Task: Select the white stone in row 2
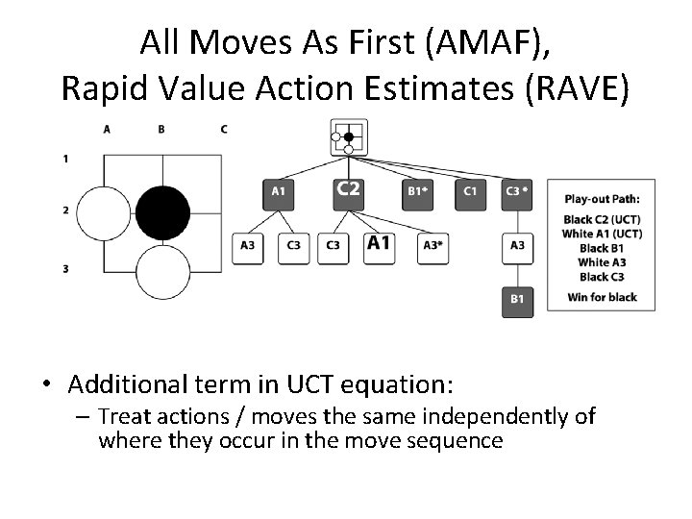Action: click(x=103, y=213)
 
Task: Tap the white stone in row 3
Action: click(x=162, y=272)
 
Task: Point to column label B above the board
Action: click(x=161, y=129)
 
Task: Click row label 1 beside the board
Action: click(x=65, y=157)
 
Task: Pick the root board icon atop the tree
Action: click(x=347, y=137)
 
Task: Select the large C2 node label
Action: click(x=348, y=189)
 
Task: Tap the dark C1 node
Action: click(x=470, y=191)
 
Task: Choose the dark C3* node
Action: click(x=517, y=191)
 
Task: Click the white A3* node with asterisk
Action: click(x=433, y=245)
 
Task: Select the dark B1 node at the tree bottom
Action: click(x=517, y=300)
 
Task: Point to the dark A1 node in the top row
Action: click(x=278, y=191)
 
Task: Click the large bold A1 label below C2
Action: click(x=379, y=243)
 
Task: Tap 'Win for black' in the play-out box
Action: click(x=602, y=297)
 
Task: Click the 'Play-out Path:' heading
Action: click(x=602, y=200)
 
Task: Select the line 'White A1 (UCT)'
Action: click(x=602, y=234)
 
